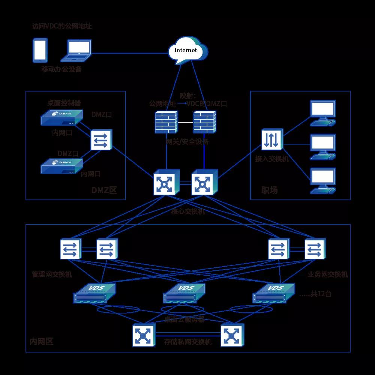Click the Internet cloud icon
tap(188, 50)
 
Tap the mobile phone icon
tap(40, 50)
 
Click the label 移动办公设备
tap(61, 69)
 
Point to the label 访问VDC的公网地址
tap(62, 26)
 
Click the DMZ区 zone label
tap(104, 190)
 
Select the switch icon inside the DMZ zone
tap(101, 140)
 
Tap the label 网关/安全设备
tap(187, 142)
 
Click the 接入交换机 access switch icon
tap(272, 139)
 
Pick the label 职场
tap(269, 190)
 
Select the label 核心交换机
tap(188, 211)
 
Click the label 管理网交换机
tap(52, 274)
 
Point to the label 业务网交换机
tap(328, 274)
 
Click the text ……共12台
tap(315, 294)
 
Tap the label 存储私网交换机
tap(188, 342)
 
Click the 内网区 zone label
tap(42, 342)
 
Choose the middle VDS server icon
tap(184, 293)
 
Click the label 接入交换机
tap(272, 159)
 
